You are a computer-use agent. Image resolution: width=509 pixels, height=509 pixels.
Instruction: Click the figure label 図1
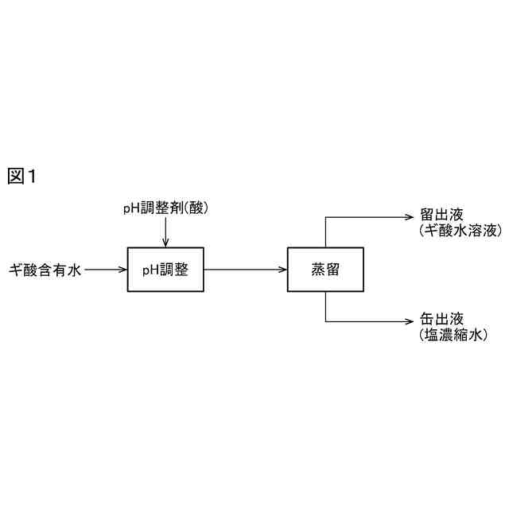[23, 177]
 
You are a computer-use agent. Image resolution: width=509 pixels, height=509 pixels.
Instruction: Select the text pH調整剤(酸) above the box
[165, 208]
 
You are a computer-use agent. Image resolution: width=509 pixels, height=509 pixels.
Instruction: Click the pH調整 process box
[165, 270]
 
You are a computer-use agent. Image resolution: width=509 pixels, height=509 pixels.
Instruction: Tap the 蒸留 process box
[325, 270]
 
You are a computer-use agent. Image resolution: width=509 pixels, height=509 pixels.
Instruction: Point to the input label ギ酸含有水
[45, 270]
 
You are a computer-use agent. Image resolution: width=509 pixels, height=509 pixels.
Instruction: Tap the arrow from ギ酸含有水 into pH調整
[106, 270]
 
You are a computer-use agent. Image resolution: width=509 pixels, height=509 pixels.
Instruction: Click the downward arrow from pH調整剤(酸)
[165, 232]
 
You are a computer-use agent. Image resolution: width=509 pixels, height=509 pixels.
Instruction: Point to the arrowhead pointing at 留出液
[411, 215]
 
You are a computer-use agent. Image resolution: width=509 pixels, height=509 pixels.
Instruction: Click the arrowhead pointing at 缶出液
[411, 321]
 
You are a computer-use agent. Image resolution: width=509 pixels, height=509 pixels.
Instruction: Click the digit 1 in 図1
[33, 177]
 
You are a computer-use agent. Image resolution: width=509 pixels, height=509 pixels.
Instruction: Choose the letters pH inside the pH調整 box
[150, 270]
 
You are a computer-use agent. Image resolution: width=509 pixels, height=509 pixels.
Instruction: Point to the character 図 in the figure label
[16, 177]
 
